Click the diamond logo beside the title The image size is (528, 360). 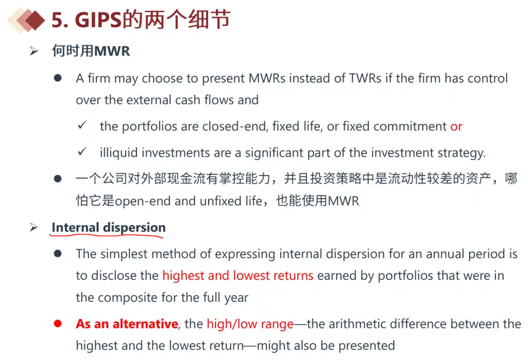pyautogui.click(x=26, y=20)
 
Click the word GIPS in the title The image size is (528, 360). pyautogui.click(x=98, y=20)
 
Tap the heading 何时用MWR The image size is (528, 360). pyautogui.click(x=91, y=51)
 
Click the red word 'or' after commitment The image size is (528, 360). pyautogui.click(x=456, y=127)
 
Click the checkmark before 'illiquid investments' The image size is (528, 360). pyautogui.click(x=82, y=152)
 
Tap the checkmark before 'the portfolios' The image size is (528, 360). pyautogui.click(x=82, y=126)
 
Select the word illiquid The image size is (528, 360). pyautogui.click(x=119, y=153)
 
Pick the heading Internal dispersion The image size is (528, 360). pyautogui.click(x=109, y=228)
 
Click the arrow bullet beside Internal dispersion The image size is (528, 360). pyautogui.click(x=34, y=227)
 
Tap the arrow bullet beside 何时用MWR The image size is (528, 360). pyautogui.click(x=34, y=51)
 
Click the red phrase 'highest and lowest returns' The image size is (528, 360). pyautogui.click(x=238, y=275)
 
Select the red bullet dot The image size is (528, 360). pyautogui.click(x=58, y=324)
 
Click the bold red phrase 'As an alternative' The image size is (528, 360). pyautogui.click(x=127, y=324)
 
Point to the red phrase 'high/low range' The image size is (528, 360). pyautogui.click(x=250, y=324)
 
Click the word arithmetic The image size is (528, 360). pyautogui.click(x=359, y=324)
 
